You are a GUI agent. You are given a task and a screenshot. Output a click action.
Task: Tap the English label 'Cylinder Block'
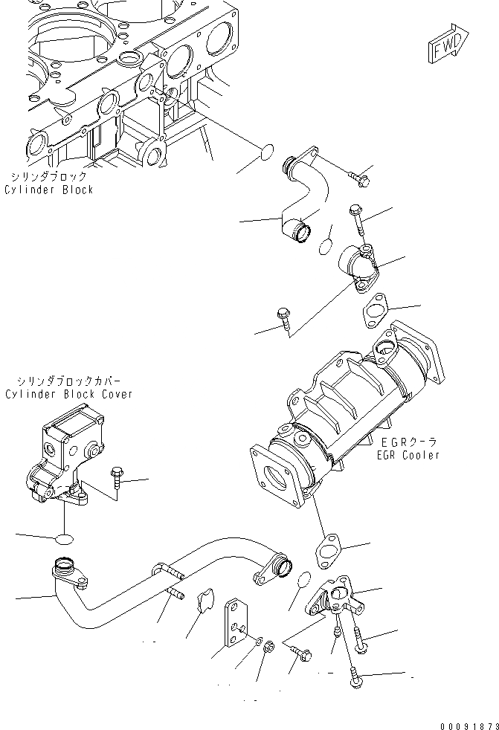click(49, 190)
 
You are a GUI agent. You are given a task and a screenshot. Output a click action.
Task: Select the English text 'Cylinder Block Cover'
click(68, 394)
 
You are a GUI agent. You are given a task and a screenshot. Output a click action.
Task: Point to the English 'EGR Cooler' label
click(408, 455)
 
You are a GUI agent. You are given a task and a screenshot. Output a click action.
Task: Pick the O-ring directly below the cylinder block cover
click(65, 537)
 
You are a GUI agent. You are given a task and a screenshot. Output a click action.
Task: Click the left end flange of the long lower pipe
click(65, 572)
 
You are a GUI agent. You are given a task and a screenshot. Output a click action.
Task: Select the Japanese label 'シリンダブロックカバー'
click(68, 381)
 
